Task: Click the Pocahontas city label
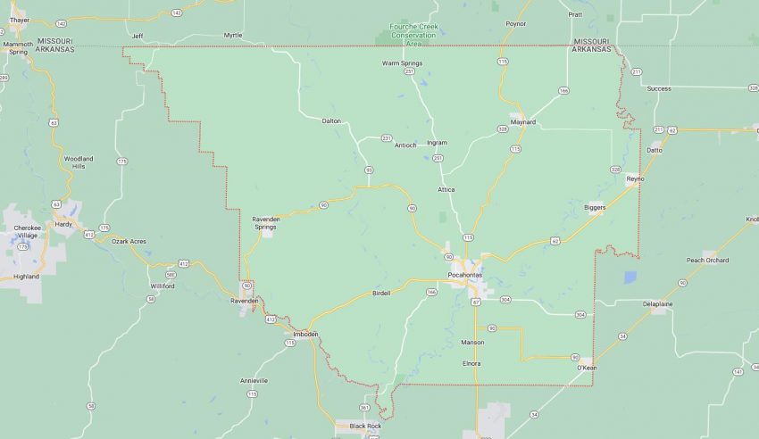[465, 274]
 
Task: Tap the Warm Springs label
[402, 63]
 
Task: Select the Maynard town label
[523, 121]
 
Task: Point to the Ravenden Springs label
[265, 222]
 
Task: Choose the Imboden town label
[305, 335]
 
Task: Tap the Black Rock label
[365, 426]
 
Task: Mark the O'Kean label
[586, 368]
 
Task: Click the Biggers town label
[595, 207]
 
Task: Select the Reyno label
[635, 178]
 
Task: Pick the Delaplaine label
[659, 303]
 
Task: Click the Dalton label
[331, 120]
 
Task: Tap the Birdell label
[380, 294]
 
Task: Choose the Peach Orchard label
[707, 260]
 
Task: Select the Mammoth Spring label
[17, 47]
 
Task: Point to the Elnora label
[471, 363]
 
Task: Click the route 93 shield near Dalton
[368, 169]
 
